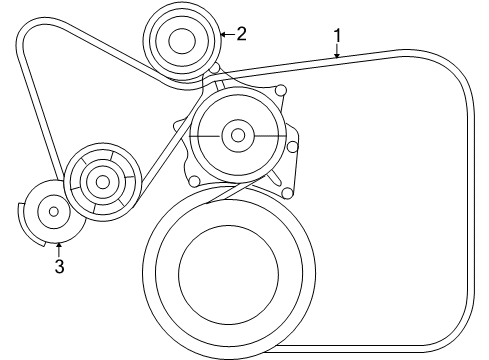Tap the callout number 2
(241, 33)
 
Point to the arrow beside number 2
(224, 34)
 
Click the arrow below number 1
(337, 53)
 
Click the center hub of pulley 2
(181, 41)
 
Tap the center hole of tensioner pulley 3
(54, 211)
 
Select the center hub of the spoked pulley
(100, 182)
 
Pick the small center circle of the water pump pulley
(236, 133)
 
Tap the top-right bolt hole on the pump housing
(281, 93)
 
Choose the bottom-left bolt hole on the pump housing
(195, 181)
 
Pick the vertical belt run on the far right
(470, 200)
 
